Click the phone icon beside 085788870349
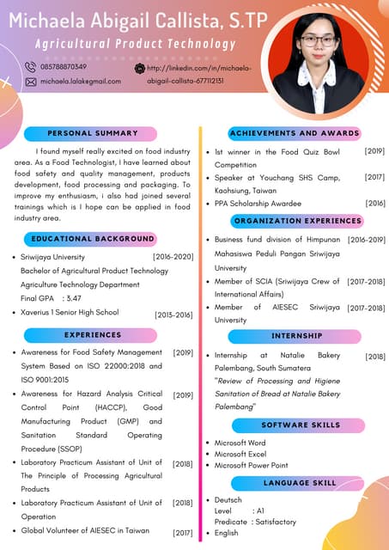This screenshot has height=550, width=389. [31, 67]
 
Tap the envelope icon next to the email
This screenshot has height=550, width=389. [31, 81]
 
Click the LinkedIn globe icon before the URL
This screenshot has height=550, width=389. [140, 67]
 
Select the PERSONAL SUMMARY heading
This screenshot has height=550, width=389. [93, 133]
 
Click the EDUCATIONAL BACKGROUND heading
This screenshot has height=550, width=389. [93, 239]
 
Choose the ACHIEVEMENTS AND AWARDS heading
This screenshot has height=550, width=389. [294, 133]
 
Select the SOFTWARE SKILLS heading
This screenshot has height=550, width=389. [301, 425]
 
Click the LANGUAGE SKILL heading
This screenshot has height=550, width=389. [300, 483]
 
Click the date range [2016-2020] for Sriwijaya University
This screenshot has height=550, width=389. [173, 257]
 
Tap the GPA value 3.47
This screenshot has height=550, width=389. [74, 298]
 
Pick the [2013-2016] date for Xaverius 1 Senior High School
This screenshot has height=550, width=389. [173, 315]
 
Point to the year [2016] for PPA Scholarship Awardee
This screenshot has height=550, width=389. [375, 204]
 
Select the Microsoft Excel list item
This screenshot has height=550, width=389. [240, 454]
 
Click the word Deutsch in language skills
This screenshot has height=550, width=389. [228, 499]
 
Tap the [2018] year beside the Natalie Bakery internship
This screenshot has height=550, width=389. [375, 356]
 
